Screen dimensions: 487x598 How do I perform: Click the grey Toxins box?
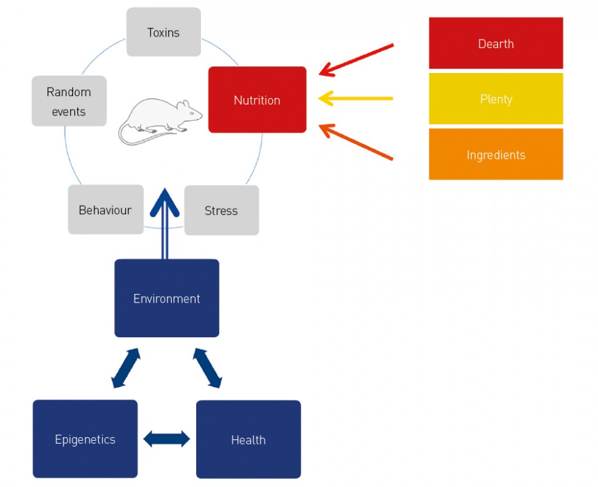pos(163,32)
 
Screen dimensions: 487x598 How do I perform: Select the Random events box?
pos(69,101)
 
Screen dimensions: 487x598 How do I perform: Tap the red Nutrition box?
pos(257,100)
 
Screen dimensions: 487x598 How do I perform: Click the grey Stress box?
pos(221,211)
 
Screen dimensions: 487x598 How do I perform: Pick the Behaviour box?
pos(105,210)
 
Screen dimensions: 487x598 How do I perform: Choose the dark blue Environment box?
pos(166,298)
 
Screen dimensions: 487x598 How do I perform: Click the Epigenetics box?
pos(85,439)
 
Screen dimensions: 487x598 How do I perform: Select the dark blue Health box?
pos(248,439)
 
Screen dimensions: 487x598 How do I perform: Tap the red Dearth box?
pos(496,43)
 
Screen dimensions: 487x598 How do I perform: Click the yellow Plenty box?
pos(496,99)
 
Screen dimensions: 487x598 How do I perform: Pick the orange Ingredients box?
pos(496,155)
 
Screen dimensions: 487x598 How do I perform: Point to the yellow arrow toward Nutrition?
pos(356,97)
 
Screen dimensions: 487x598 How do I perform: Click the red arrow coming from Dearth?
pos(356,60)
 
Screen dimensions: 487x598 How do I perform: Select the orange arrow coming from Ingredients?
pos(356,142)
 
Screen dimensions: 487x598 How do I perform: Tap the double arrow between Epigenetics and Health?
pos(166,439)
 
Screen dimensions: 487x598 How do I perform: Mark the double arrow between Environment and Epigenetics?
pos(126,368)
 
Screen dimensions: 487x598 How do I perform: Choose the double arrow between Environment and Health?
pos(208,368)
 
